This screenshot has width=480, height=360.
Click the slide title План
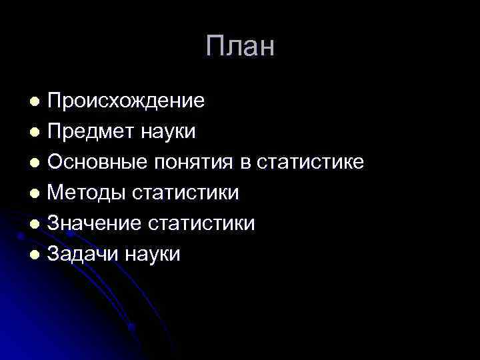tap(240, 47)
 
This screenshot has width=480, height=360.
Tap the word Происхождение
tap(126, 101)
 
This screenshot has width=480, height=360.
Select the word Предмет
tap(90, 131)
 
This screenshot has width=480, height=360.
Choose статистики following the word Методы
tap(185, 193)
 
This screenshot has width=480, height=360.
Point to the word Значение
tap(94, 223)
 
